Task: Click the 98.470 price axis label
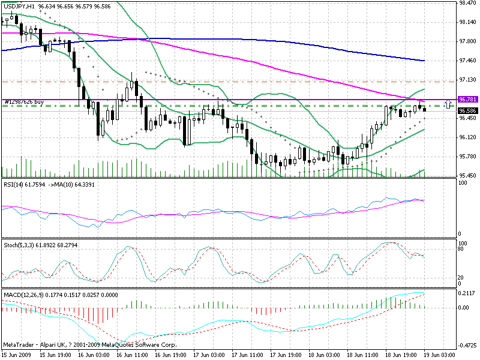467,3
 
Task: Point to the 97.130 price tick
467,79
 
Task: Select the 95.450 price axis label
467,176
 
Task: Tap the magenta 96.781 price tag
467,99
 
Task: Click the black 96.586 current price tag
467,110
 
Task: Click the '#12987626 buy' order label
23,102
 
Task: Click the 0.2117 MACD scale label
467,294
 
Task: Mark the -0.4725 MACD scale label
467,346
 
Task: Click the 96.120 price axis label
467,137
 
